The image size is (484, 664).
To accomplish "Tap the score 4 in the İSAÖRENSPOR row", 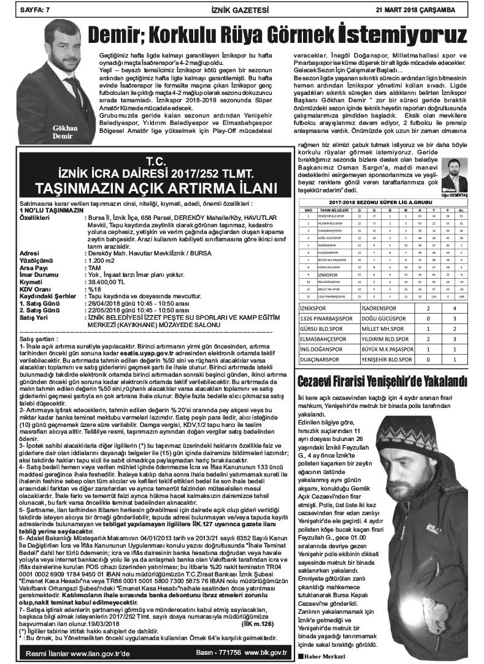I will coord(453,291).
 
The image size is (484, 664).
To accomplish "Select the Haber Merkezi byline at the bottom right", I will coord(321,656).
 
